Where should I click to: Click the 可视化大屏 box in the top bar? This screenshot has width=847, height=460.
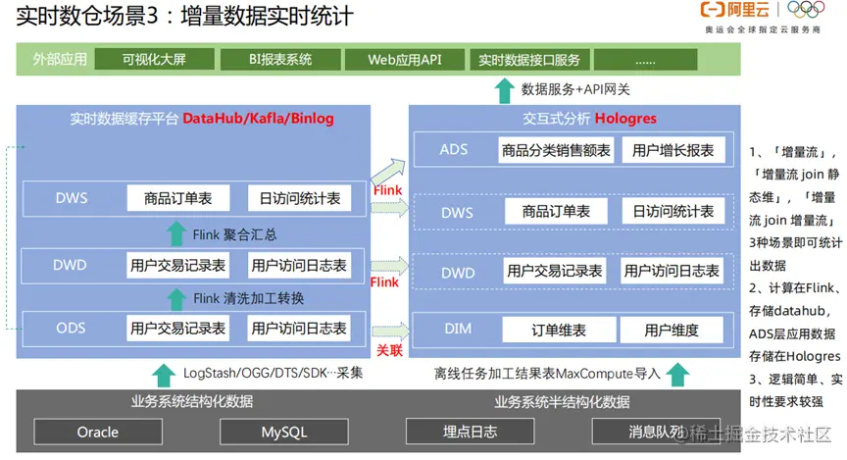154,60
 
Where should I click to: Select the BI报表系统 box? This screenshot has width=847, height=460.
279,60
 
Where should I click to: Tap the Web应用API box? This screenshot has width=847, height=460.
405,60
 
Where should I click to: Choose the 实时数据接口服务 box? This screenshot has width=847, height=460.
529,60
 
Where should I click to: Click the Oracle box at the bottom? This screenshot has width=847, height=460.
98,432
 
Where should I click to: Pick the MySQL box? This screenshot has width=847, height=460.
283,432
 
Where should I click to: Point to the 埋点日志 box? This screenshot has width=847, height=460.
471,432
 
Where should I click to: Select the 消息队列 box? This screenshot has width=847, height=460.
655,432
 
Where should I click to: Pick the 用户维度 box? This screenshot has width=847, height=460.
672,331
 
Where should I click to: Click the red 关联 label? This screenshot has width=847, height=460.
389,349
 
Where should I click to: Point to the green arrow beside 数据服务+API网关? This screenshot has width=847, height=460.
505,90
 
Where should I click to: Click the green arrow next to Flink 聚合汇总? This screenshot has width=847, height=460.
175,233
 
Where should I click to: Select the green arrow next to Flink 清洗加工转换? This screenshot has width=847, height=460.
175,298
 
